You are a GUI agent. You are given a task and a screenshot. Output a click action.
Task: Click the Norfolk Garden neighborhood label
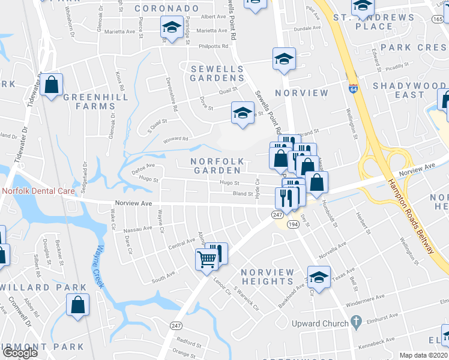(217, 166)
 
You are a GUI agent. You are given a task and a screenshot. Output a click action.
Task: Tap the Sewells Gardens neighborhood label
(217, 73)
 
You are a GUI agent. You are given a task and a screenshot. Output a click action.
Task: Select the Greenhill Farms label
(89, 101)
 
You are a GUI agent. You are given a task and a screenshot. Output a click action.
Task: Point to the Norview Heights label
(267, 277)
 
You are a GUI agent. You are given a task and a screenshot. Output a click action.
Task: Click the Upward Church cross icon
(356, 323)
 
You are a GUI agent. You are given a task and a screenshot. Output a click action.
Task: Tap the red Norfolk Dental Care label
(38, 191)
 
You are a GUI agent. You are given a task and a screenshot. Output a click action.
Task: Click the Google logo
(20, 353)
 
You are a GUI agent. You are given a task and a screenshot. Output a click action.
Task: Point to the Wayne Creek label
(98, 265)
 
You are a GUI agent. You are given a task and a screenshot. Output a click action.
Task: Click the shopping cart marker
(206, 260)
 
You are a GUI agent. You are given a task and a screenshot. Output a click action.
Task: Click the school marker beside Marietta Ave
(172, 28)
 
